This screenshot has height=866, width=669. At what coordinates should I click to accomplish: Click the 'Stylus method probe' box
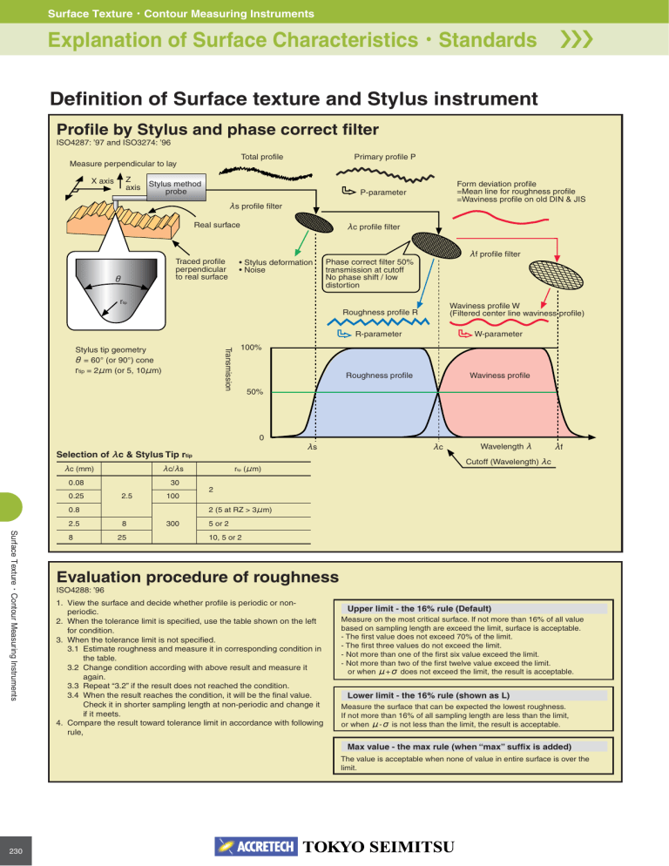coord(176,188)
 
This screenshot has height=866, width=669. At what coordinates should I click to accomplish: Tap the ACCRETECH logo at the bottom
coord(256,847)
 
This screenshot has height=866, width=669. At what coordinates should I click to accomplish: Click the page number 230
coord(16,851)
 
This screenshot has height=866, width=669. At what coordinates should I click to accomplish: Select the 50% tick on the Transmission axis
coord(254,391)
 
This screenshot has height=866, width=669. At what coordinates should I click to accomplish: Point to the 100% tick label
coord(251,348)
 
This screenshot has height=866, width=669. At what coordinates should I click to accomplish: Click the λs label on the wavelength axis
coord(312,446)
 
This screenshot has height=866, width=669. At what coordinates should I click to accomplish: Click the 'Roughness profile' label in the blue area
coord(379,375)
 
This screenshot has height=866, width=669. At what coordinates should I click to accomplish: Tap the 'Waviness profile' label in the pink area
coord(499,375)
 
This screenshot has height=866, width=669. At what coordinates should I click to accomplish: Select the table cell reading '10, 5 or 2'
coord(225,538)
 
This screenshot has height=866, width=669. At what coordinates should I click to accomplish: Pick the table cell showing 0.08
coord(77,483)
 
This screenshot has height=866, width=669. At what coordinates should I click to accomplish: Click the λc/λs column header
coord(173,469)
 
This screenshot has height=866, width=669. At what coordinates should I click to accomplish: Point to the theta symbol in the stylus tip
coord(118,279)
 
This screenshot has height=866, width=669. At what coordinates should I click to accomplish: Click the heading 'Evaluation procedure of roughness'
coord(197,577)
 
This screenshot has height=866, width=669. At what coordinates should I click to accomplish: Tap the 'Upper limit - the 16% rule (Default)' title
coord(419,609)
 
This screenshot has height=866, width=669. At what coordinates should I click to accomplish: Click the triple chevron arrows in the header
coord(577,40)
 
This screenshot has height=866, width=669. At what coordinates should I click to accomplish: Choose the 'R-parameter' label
coord(378,335)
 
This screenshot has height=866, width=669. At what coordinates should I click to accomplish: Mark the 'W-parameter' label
coord(497,335)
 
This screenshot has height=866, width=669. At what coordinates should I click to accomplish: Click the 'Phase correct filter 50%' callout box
coord(371,274)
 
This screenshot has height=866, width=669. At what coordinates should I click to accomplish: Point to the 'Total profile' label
coord(262,157)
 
